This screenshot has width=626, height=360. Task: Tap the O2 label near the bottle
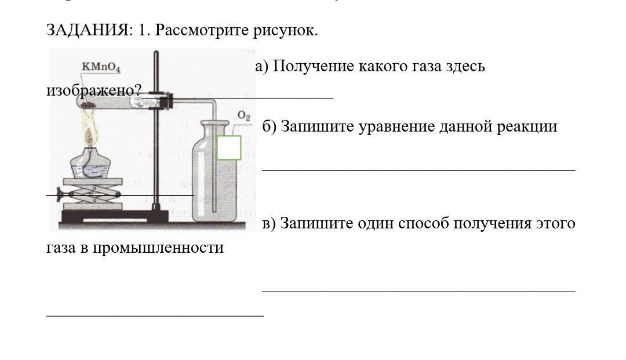(244, 117)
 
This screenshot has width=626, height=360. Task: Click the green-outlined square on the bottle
(229, 147)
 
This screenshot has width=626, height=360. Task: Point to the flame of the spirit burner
(90, 136)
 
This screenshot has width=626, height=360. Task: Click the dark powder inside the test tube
(89, 106)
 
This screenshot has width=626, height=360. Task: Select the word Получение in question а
(313, 66)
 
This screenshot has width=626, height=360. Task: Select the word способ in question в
(423, 223)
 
